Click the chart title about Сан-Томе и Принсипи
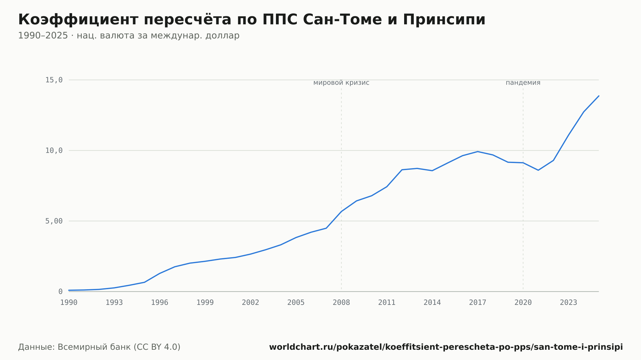(252, 20)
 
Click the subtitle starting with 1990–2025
(129, 36)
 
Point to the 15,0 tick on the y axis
(54, 80)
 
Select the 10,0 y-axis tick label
(54, 151)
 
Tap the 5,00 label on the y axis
(54, 221)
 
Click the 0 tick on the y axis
(60, 292)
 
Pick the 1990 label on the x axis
(69, 303)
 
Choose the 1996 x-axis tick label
(160, 303)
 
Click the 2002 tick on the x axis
(251, 303)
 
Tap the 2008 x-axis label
(341, 303)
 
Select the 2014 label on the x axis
(432, 303)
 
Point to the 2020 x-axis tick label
(523, 303)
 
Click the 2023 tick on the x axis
(569, 303)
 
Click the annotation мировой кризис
(341, 83)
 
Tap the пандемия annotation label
(523, 83)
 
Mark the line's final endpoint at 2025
(599, 96)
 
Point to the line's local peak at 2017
(478, 151)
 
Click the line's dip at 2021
(538, 170)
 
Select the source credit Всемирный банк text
(99, 347)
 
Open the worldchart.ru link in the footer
(446, 347)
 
